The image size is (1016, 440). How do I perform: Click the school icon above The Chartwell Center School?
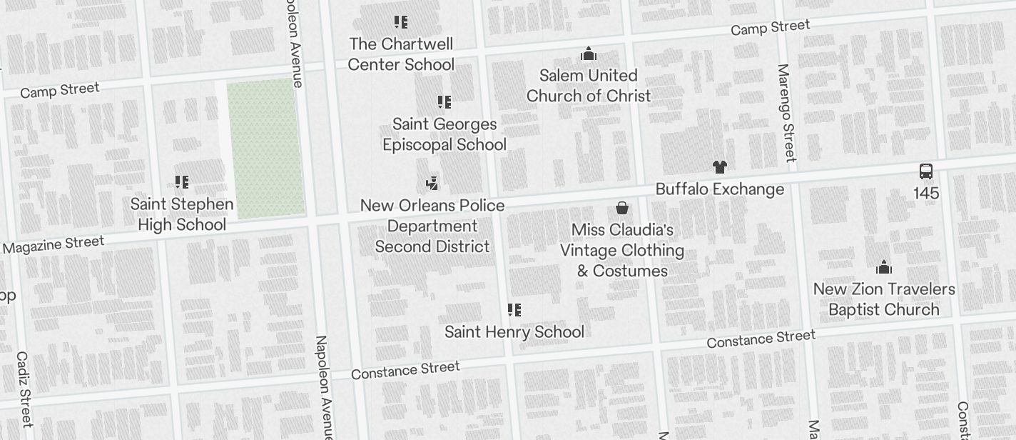coord(401,22)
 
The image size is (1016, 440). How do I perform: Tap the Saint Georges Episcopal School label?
coord(444,134)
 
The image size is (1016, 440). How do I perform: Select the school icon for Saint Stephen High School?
coord(182,182)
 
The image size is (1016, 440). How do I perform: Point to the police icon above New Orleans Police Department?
coord(432,184)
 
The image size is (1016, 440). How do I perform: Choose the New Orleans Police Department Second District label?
coord(432,226)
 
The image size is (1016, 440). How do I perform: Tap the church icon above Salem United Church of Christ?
coord(589,54)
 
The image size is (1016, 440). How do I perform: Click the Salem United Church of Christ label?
coord(589,86)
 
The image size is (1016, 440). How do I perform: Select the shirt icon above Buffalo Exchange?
coord(719,167)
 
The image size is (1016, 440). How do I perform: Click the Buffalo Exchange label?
coord(719,189)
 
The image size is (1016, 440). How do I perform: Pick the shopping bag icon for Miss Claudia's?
coord(622,208)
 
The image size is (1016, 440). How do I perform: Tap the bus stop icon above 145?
coord(926,171)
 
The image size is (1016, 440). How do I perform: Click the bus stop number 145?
coord(926,194)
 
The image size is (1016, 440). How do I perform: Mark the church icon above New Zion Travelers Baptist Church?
coord(884,268)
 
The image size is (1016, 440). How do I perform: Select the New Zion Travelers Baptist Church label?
coord(884,299)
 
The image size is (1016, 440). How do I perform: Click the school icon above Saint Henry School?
coord(514,310)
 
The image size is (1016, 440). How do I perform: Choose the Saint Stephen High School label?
coord(182,214)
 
